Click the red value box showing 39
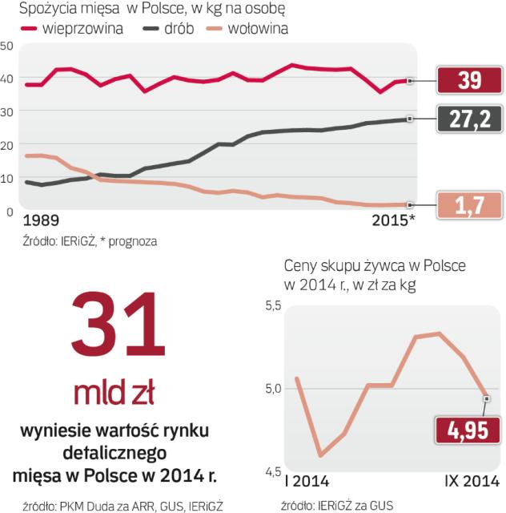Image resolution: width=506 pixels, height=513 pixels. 469,80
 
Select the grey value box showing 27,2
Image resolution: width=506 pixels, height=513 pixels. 469,119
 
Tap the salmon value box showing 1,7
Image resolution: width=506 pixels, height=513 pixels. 469,205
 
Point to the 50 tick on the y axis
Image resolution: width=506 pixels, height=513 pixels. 6,46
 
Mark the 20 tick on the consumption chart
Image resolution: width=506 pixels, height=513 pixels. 6,145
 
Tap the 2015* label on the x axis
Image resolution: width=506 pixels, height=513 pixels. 394,220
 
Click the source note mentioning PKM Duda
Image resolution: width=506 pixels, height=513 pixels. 116,505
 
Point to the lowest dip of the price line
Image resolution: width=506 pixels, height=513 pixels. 320,455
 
